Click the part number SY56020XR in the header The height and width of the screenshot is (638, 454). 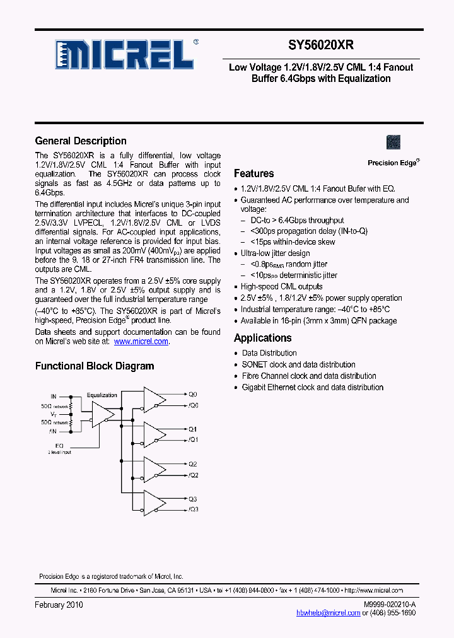coord(321,46)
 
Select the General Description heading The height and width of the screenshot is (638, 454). coord(81,141)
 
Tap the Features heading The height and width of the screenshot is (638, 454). coord(253,173)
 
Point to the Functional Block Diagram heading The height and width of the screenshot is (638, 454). coord(95,366)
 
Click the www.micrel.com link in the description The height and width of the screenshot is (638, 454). coord(141,341)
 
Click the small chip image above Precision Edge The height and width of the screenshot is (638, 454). coord(393,142)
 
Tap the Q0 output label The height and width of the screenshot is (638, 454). coord(193,394)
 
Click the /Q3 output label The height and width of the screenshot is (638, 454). coord(193,509)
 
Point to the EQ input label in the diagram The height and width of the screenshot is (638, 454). coord(60,445)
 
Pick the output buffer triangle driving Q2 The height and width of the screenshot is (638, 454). coord(154,469)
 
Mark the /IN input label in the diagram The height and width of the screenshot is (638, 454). coord(53,431)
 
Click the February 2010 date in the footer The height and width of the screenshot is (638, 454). coord(59,605)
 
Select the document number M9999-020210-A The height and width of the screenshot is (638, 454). coord(389,605)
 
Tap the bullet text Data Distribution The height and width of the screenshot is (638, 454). coord(269,353)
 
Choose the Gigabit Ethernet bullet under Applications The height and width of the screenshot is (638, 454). coord(312,387)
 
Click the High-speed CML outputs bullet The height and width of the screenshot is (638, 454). coord(281,287)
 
